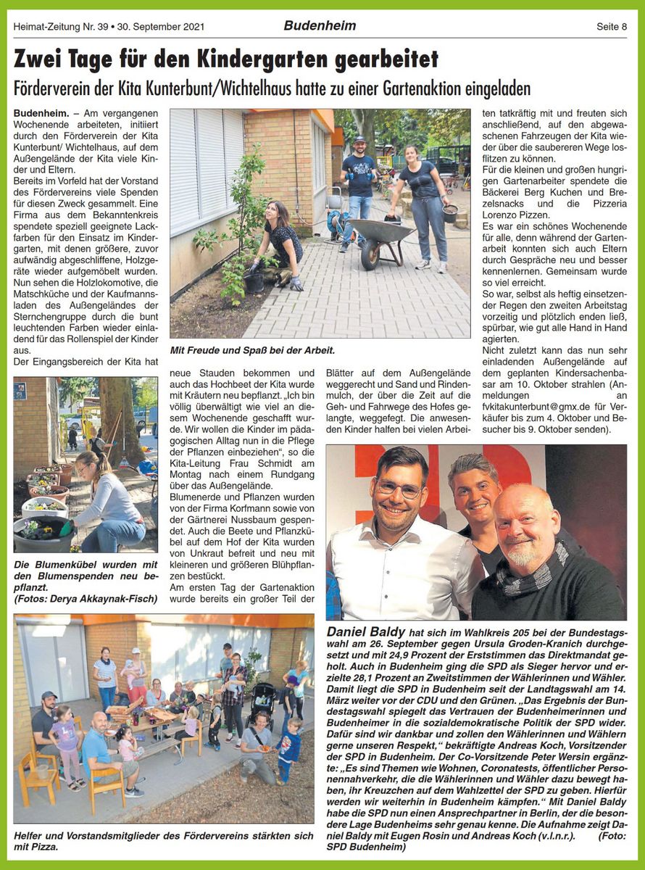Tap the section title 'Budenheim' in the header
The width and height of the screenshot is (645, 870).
pos(320,26)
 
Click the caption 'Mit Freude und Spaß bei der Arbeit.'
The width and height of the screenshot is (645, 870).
pos(252,351)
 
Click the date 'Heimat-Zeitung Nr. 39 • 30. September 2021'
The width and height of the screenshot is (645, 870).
pos(109,27)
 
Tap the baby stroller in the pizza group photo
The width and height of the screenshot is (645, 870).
pos(262,701)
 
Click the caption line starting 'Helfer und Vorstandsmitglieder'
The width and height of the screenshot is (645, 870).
pos(163,834)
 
